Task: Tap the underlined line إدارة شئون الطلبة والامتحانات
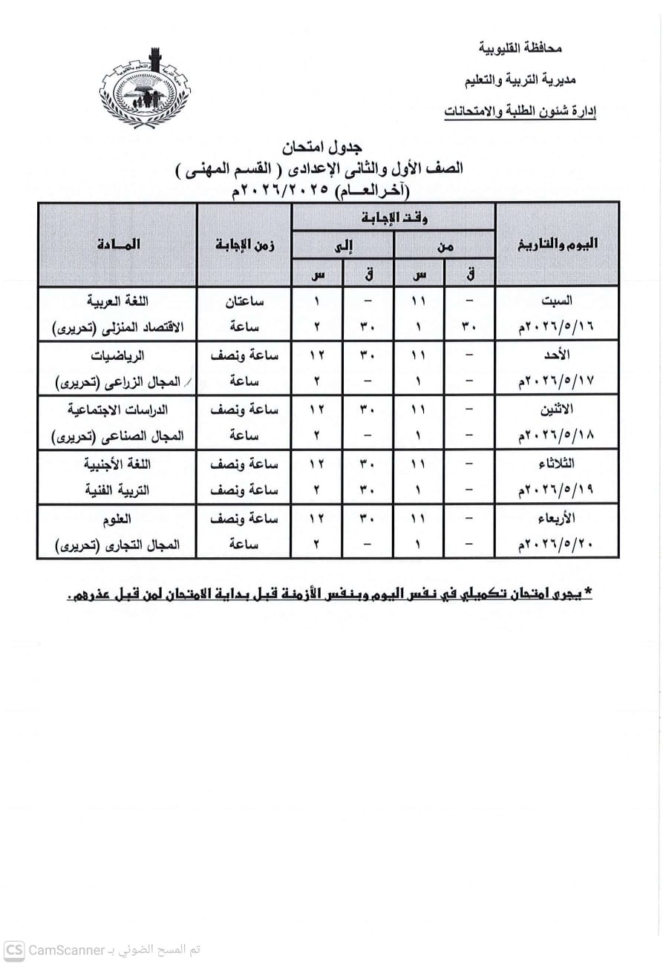[x=520, y=111]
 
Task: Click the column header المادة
[x=118, y=245]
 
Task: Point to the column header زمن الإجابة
[x=244, y=246]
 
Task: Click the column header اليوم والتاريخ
[x=558, y=246]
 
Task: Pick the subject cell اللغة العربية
[x=118, y=301]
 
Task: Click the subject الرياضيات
[x=118, y=355]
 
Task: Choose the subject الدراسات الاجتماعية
[x=118, y=410]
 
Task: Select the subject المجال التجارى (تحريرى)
[x=118, y=545]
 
